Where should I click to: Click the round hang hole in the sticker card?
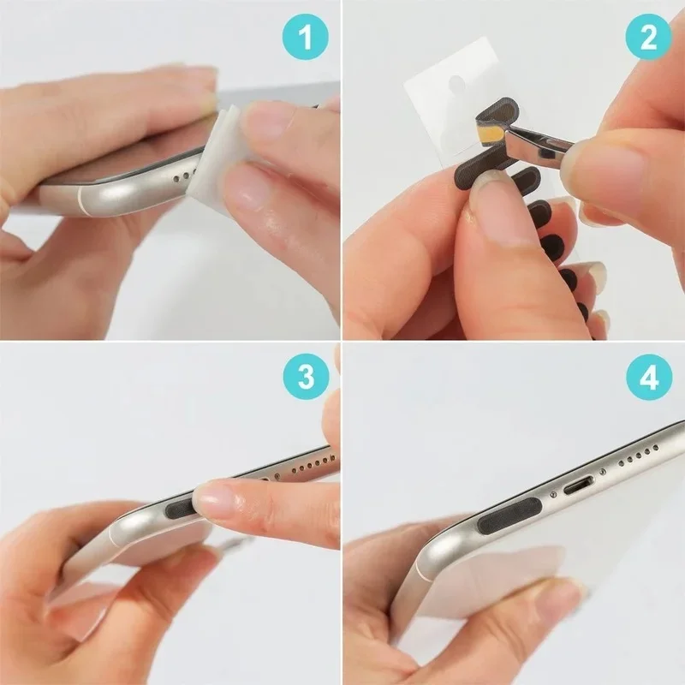point(457,83)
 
